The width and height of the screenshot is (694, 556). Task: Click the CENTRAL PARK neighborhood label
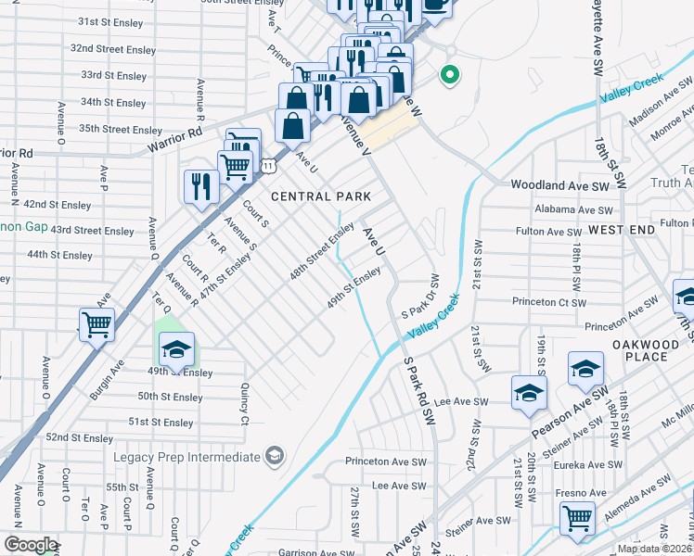click(x=321, y=196)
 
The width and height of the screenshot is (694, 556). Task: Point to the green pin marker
click(x=450, y=74)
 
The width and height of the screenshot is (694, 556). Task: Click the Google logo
click(x=30, y=545)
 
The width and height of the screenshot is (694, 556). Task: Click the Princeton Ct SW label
click(x=548, y=303)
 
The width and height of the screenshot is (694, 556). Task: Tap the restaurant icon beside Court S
click(x=201, y=185)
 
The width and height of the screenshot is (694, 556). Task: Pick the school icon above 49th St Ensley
click(x=176, y=348)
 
